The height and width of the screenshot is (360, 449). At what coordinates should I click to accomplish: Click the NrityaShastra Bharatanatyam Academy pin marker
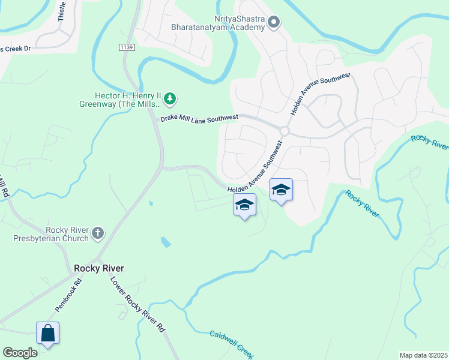tap(274, 23)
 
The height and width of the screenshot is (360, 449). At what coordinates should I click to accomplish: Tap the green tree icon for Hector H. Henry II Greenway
tap(170, 98)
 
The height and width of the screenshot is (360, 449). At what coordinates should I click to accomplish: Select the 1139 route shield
tap(126, 47)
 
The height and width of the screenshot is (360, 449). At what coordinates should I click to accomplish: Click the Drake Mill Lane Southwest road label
tap(199, 118)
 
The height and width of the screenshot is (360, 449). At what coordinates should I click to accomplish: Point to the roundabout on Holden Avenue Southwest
tap(285, 131)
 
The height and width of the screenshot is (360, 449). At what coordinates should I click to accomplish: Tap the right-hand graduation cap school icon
tap(281, 190)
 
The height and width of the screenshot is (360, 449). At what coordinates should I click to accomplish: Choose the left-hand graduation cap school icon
tap(244, 205)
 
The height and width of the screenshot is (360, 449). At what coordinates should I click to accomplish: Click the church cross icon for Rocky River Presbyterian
tap(98, 233)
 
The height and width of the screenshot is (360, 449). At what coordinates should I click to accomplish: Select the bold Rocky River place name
tap(95, 268)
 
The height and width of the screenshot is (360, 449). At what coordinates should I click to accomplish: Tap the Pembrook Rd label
tap(68, 293)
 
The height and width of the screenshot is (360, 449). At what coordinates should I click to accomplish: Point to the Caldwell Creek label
tap(232, 343)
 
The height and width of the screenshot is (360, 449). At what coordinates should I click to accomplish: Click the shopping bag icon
tap(47, 333)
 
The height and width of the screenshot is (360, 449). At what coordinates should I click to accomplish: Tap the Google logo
tap(20, 353)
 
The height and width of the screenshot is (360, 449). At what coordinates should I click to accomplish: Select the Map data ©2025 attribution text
tap(423, 355)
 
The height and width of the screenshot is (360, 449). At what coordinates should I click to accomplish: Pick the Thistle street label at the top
tap(62, 12)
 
